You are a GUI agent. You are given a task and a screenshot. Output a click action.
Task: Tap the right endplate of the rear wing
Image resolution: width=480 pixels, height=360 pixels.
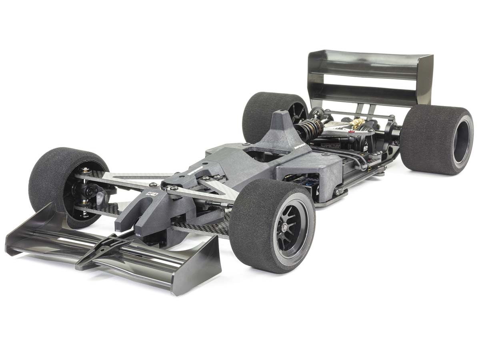pos(426,80)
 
